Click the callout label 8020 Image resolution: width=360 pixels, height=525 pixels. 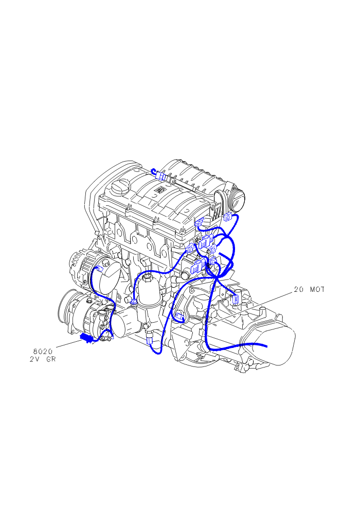(x=43, y=352)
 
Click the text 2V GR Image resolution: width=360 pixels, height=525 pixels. (x=43, y=359)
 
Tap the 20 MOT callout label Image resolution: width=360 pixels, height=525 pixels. (x=309, y=289)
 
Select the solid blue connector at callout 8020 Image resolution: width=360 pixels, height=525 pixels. (x=86, y=338)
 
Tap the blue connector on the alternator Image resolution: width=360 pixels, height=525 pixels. (x=99, y=268)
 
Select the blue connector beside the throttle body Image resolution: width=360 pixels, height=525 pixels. (x=228, y=217)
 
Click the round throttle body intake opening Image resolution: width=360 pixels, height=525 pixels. (x=238, y=201)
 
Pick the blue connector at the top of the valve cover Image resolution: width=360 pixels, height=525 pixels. (x=161, y=176)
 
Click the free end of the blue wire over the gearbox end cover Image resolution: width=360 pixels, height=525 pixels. (x=266, y=346)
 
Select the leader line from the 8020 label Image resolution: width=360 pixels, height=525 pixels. (x=68, y=343)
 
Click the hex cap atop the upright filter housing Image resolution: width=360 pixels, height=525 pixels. (x=147, y=277)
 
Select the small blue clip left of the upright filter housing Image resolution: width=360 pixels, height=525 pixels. (x=133, y=302)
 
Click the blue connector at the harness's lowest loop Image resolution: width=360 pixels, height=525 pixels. (x=149, y=341)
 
